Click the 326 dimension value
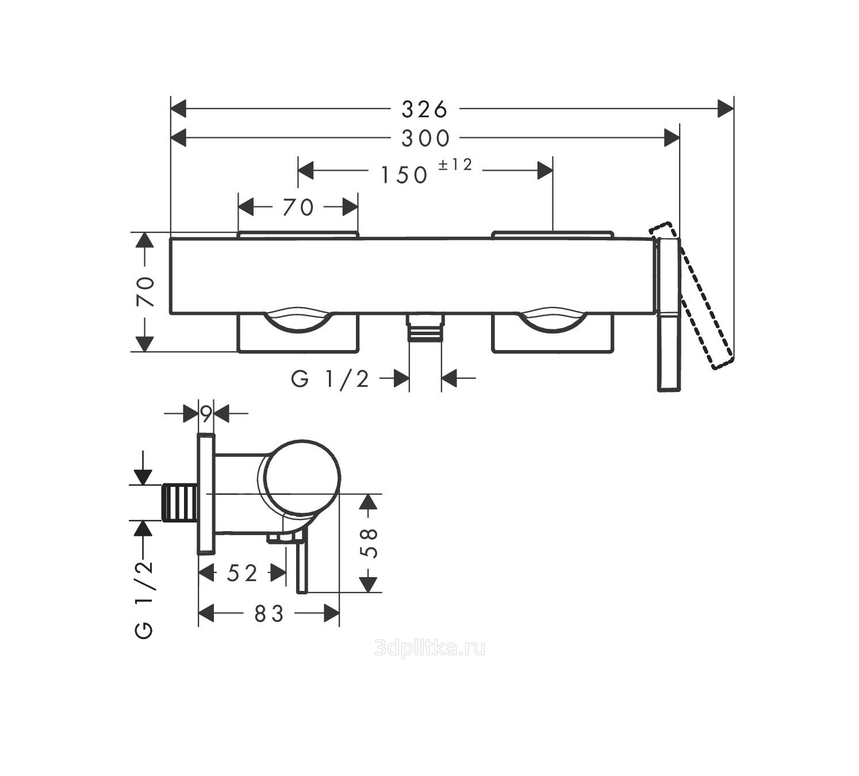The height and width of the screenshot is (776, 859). [424, 109]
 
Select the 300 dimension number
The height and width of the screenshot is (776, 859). [425, 139]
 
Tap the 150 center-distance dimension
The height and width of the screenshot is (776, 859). [404, 175]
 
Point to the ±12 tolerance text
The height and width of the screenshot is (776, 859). [455, 164]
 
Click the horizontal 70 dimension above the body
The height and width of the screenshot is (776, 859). [298, 208]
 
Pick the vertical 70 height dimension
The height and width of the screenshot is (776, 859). [145, 291]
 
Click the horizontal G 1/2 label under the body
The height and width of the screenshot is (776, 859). [329, 379]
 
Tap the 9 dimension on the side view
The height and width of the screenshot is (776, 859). [206, 414]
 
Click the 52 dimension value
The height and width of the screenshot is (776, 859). [242, 573]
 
